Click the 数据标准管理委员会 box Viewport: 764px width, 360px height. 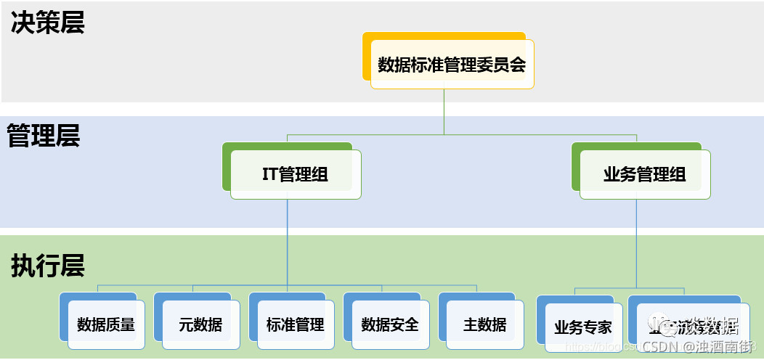(x=452, y=65)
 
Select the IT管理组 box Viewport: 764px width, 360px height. (x=296, y=174)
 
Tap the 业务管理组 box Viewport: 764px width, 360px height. (x=644, y=174)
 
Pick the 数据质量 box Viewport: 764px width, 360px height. (x=106, y=324)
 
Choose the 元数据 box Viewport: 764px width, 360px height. (x=200, y=324)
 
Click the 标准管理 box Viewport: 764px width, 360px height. (x=295, y=324)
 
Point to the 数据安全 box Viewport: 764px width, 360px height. (x=390, y=324)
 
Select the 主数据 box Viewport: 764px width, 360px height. (x=484, y=324)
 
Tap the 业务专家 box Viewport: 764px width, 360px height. (x=582, y=327)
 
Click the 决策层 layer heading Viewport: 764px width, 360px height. (x=48, y=22)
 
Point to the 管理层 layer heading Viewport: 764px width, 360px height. (x=44, y=136)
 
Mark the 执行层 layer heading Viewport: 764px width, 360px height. (x=48, y=266)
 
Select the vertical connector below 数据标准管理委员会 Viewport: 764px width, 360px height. (x=444, y=112)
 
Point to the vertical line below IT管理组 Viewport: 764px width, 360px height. (x=288, y=240)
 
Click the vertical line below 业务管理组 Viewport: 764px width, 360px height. (x=637, y=240)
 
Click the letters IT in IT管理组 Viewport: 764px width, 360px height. (x=270, y=174)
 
